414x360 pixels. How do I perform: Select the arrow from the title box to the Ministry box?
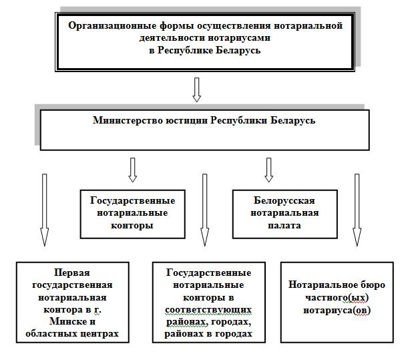pyautogui.click(x=196, y=89)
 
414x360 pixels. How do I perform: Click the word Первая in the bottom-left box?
pyautogui.click(x=71, y=273)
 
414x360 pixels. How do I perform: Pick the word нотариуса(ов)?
pyautogui.click(x=337, y=310)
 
